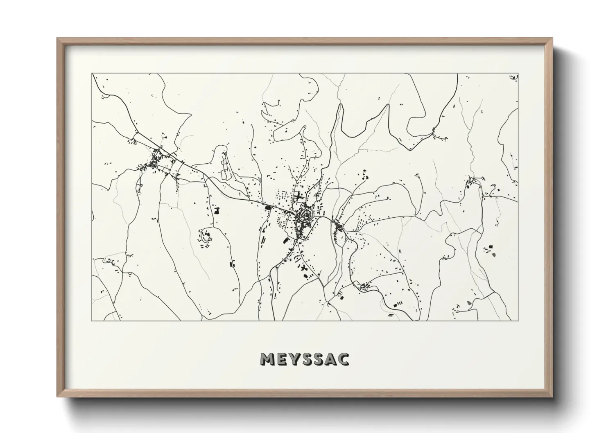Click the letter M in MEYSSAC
pyautogui.click(x=267, y=359)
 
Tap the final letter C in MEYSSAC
pyautogui.click(x=344, y=359)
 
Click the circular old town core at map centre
pyautogui.click(x=305, y=214)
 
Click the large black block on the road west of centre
pyautogui.click(x=269, y=208)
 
